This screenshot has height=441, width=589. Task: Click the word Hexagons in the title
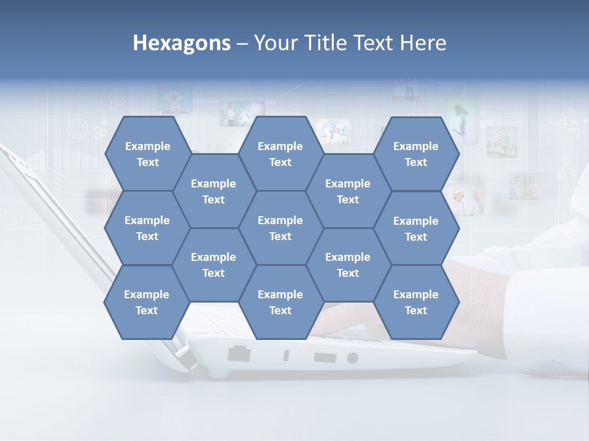182,43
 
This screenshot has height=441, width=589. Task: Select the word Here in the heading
423,43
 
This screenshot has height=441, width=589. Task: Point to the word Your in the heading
276,43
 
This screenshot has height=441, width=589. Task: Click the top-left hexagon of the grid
147,154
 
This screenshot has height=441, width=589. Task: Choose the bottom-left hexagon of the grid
147,302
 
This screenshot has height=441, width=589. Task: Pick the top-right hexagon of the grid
416,154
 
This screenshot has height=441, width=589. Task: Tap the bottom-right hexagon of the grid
416,302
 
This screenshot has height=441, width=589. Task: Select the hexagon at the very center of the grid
280,228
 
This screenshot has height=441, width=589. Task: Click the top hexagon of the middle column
280,154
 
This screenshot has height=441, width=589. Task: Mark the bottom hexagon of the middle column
280,302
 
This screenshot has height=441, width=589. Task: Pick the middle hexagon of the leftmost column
147,228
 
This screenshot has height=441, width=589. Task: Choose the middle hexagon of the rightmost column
416,228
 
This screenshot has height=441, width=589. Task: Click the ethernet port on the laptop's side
239,353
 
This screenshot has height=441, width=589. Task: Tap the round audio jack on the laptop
352,358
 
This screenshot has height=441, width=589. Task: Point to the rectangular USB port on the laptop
325,357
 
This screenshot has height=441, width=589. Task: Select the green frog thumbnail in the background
502,142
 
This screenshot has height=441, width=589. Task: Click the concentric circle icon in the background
79,129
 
